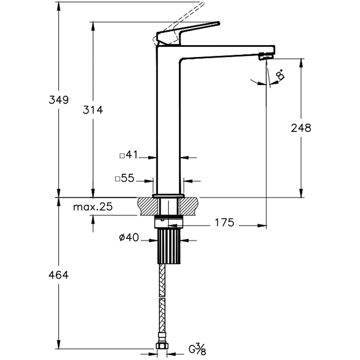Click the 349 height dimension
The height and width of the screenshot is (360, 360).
58,100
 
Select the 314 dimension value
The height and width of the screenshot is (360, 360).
93,110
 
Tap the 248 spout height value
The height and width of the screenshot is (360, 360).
301,128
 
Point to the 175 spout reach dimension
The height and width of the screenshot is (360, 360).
225,223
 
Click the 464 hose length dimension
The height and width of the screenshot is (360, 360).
58,275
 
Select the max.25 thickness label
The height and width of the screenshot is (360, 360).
93,207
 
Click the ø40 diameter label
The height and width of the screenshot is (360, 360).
129,238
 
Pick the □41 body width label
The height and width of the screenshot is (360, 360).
129,155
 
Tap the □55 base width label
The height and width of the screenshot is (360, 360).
124,178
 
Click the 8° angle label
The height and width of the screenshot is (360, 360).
280,75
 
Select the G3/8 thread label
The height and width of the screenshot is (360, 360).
197,349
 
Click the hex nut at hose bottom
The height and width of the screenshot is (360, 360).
162,346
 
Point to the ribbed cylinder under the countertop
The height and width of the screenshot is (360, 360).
168,246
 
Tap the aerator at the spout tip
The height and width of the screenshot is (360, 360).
266,56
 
